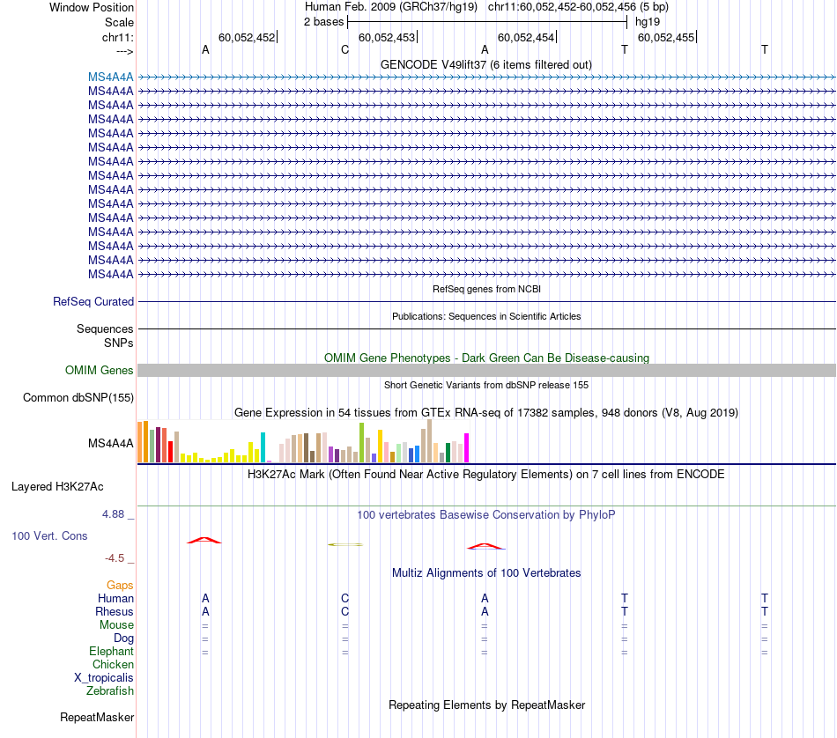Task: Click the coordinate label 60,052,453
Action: tap(387, 37)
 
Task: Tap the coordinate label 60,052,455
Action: tap(666, 37)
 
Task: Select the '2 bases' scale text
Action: tap(323, 21)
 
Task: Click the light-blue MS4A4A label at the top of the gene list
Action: tap(111, 77)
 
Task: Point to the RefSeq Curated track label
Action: tap(93, 301)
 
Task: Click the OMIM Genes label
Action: tap(100, 371)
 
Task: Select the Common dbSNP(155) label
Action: tap(78, 398)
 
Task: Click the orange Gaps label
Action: tap(120, 585)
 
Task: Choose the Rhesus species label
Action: tap(115, 611)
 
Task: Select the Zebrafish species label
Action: tap(110, 691)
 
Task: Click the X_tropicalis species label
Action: tap(104, 678)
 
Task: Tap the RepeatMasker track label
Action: tap(96, 718)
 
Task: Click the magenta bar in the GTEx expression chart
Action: tap(466, 448)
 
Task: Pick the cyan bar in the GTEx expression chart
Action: tap(263, 447)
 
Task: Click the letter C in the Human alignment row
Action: tap(345, 598)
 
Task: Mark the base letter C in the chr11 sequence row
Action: tap(345, 50)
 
